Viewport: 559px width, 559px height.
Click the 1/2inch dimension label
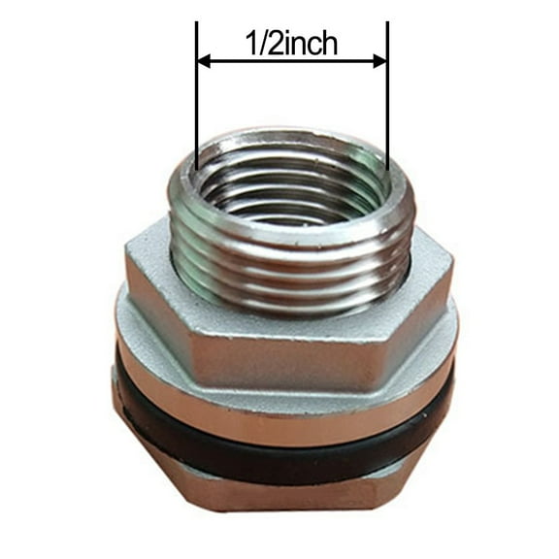point(290,44)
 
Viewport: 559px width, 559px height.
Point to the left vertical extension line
point(197,116)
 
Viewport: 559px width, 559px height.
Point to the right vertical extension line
point(387,116)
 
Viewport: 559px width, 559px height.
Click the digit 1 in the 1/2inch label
point(248,44)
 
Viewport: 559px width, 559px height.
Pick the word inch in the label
point(311,44)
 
